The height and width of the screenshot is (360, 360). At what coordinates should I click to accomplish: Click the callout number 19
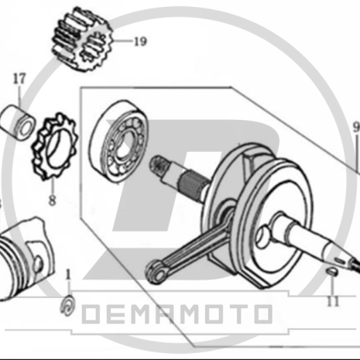(139, 42)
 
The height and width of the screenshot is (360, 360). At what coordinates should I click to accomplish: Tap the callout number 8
(52, 200)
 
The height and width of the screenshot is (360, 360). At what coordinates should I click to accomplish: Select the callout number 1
(68, 274)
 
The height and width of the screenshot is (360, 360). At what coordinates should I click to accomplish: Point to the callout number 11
(333, 301)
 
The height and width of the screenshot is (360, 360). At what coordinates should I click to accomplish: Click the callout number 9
(356, 126)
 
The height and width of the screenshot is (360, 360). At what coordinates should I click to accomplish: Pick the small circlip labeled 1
(68, 305)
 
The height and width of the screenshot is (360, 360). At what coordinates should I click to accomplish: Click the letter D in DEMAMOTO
(94, 314)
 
